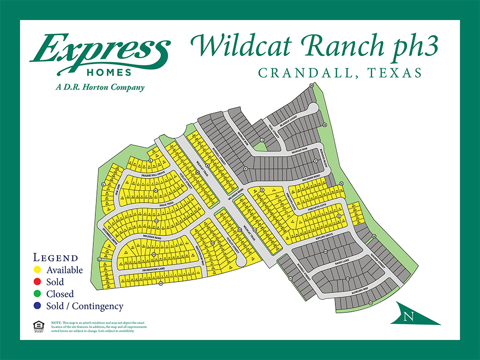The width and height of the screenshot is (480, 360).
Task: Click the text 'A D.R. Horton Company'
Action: coord(100,87)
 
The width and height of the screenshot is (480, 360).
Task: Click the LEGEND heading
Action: coord(55,258)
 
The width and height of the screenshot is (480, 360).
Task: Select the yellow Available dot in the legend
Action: coord(37,270)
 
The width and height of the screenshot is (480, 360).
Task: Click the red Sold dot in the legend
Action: coord(37,282)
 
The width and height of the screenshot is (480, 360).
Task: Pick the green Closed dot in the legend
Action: coord(37,294)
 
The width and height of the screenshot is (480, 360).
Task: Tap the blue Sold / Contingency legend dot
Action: coord(37,306)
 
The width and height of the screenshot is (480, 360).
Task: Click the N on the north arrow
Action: coord(410,315)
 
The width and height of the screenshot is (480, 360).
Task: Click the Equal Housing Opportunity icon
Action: coord(38,327)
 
